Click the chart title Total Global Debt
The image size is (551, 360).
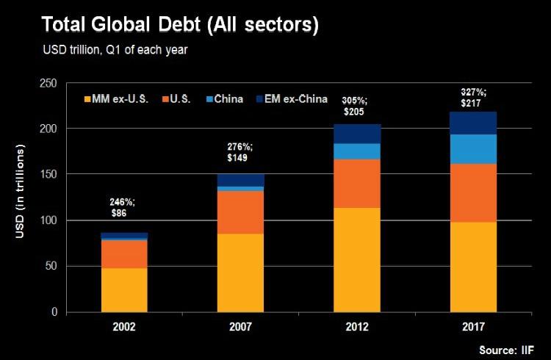(180, 24)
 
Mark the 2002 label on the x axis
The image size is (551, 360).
(123, 323)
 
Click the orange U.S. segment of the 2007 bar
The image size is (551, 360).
(240, 212)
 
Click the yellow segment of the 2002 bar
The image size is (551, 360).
(123, 289)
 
